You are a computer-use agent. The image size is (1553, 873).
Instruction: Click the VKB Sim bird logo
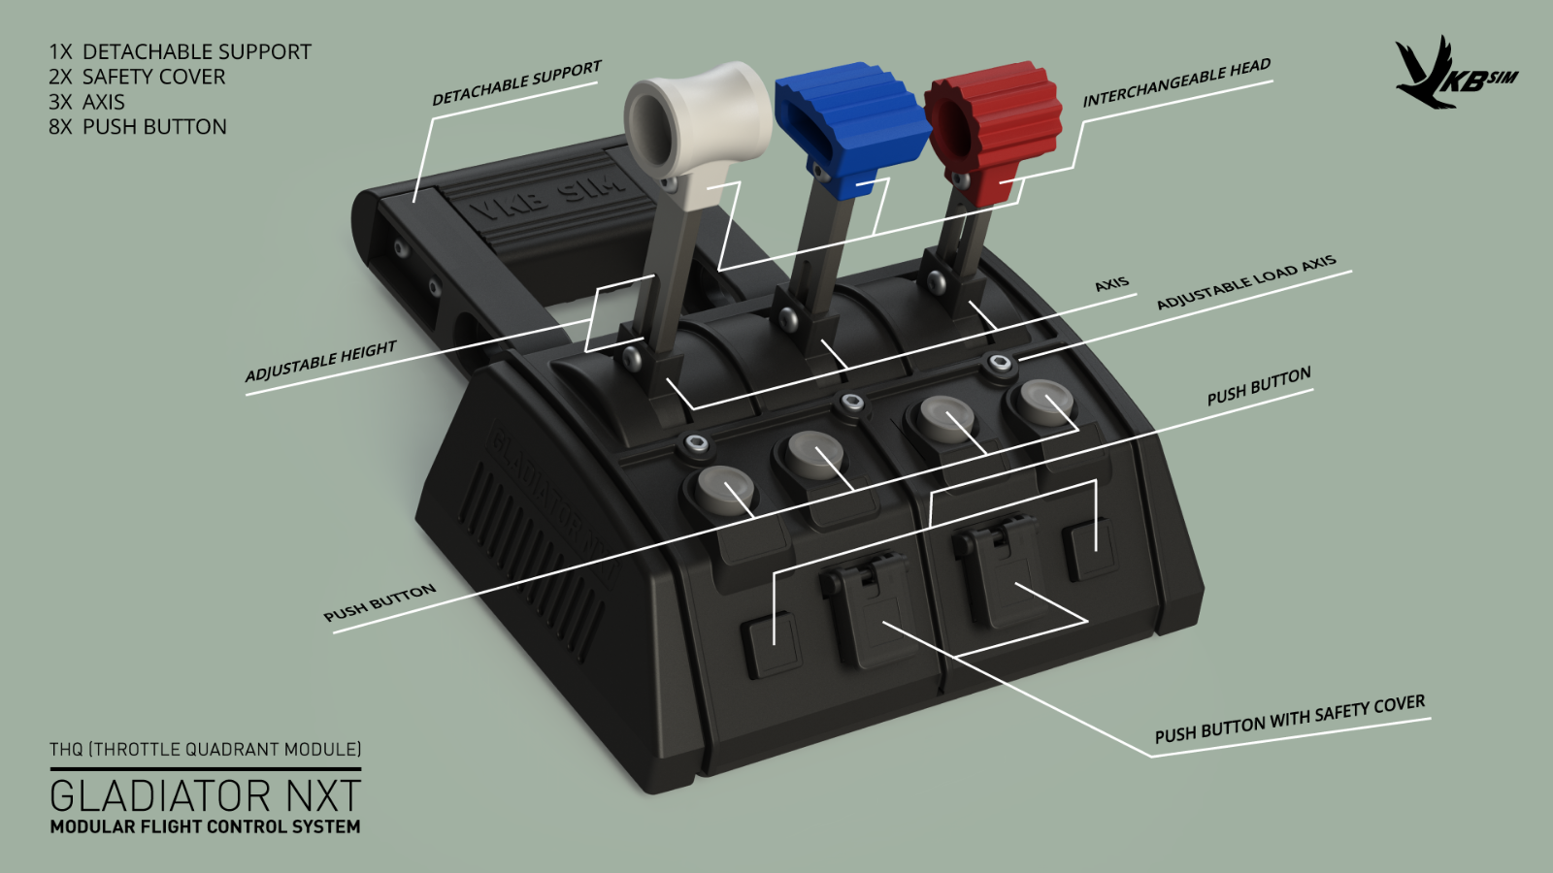click(x=1455, y=74)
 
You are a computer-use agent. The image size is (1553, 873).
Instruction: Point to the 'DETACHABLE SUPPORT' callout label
click(x=516, y=82)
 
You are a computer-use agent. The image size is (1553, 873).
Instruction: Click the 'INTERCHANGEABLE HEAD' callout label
click(x=1176, y=82)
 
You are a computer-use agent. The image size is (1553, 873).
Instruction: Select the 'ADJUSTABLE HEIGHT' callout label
click(x=320, y=361)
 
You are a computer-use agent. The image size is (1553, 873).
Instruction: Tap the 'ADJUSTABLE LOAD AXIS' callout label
click(x=1246, y=282)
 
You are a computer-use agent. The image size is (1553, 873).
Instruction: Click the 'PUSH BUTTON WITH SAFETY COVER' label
click(x=1290, y=719)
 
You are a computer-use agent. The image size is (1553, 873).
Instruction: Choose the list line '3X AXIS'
click(x=86, y=102)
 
